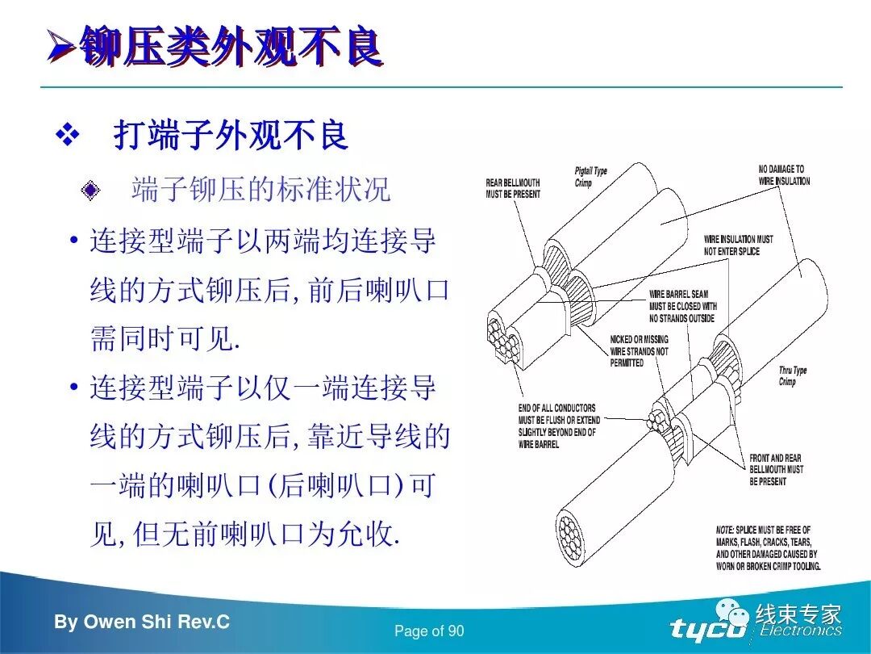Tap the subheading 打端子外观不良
(231, 136)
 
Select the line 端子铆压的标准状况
(260, 190)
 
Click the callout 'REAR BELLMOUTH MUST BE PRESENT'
(513, 189)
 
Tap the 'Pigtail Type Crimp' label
(590, 177)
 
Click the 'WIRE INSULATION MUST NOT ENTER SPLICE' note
(738, 245)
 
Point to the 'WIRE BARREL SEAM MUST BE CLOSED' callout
(682, 306)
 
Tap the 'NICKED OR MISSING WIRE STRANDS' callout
(639, 351)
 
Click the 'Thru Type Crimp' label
(793, 376)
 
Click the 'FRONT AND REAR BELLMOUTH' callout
(776, 469)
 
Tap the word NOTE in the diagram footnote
(725, 530)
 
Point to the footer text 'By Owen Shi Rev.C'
(142, 623)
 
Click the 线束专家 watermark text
(798, 614)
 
